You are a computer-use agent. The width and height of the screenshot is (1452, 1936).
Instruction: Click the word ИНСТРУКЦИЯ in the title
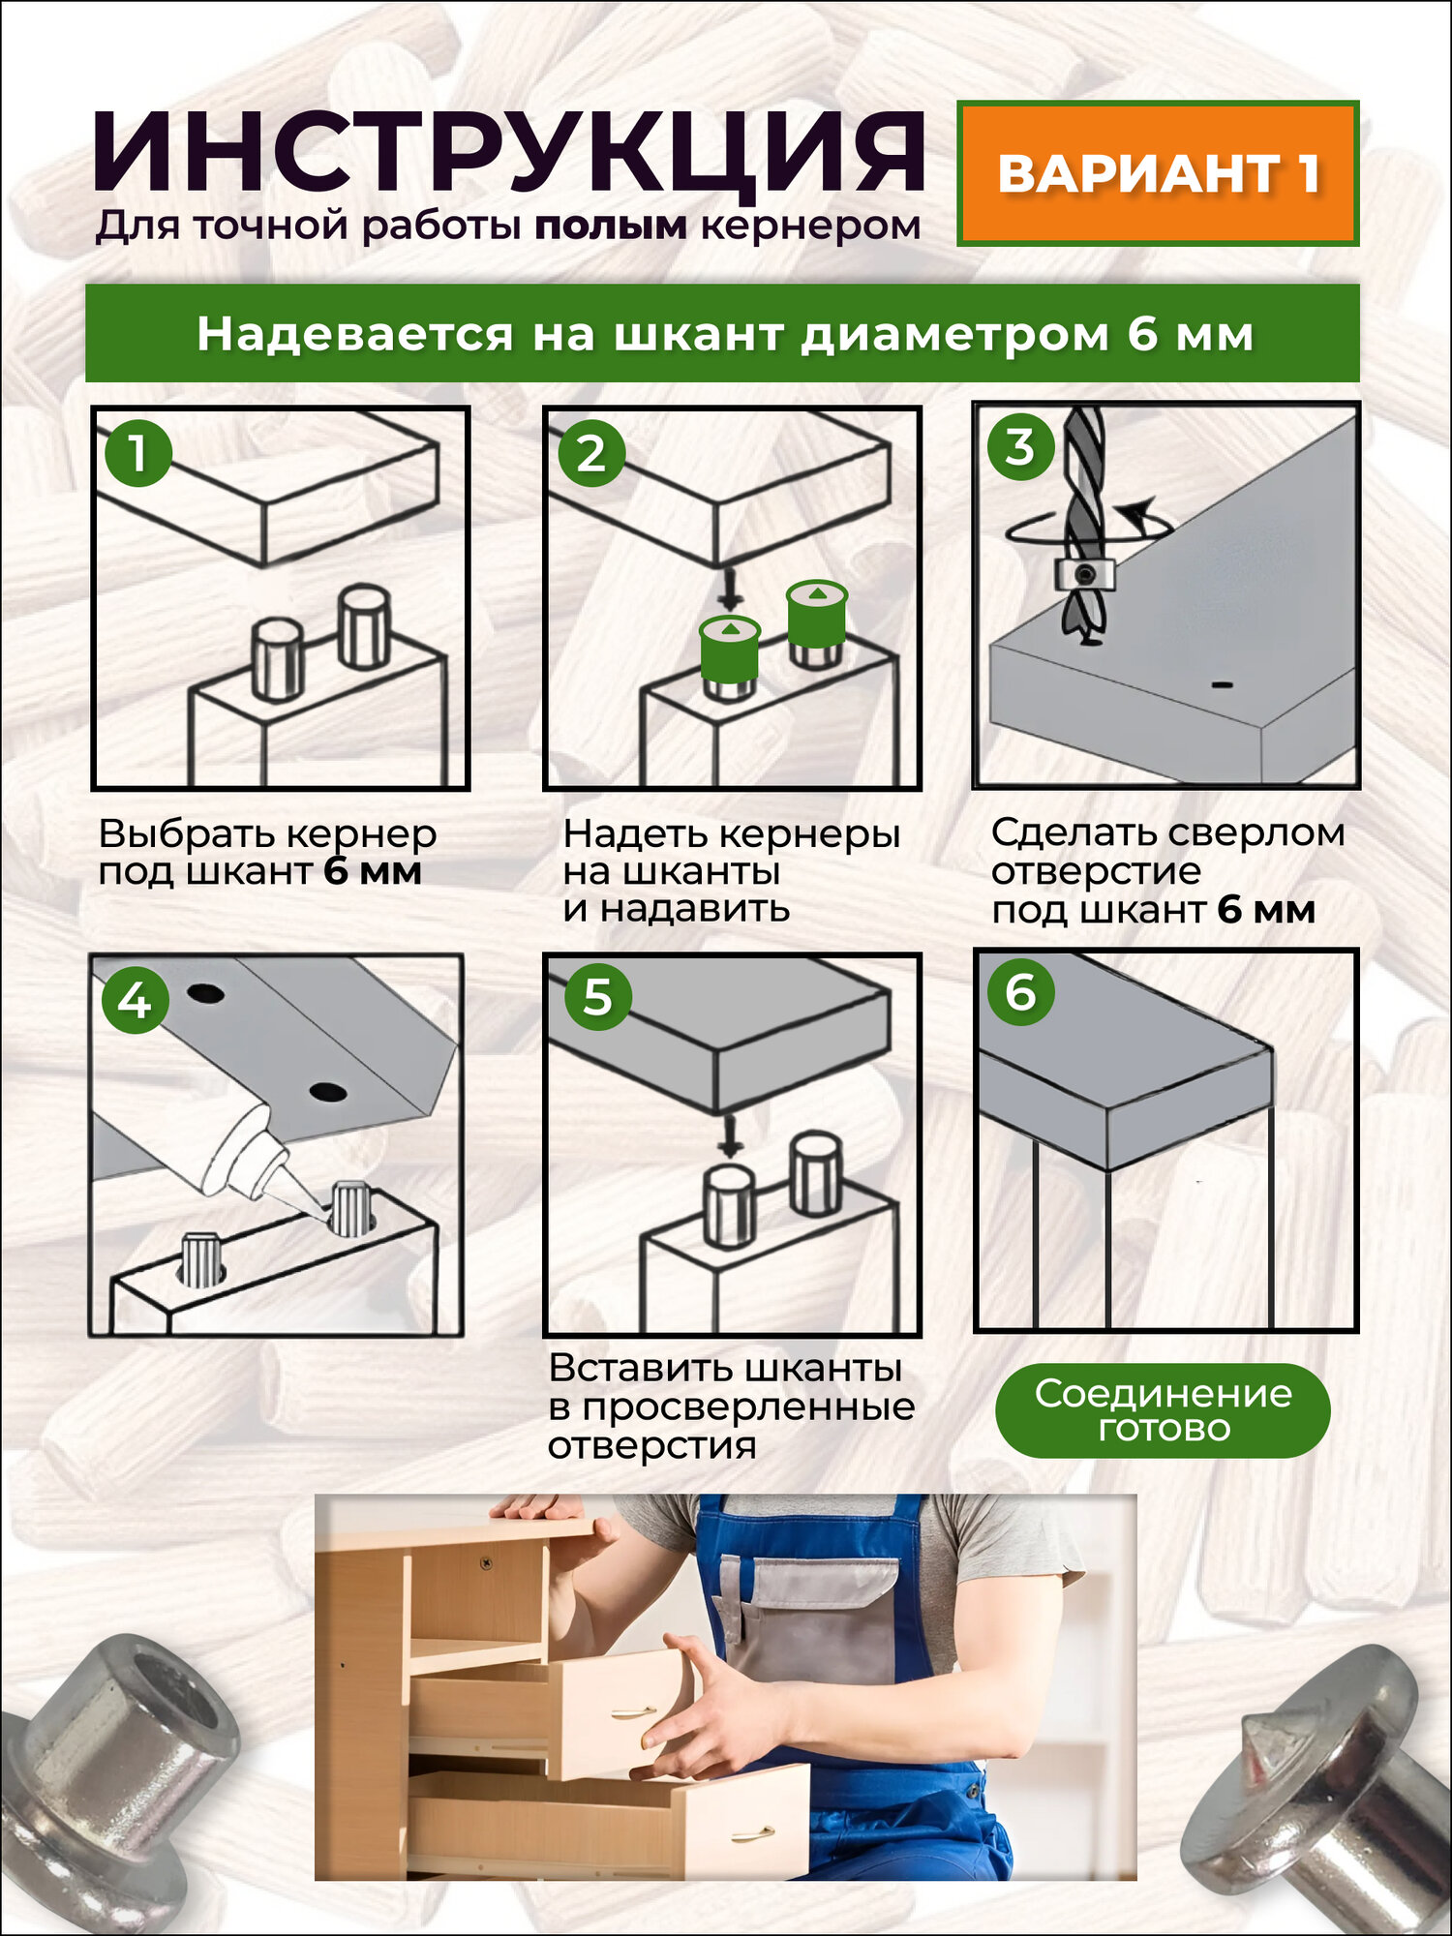[x=509, y=153]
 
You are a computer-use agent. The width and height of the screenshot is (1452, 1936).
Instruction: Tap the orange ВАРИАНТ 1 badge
[x=1159, y=173]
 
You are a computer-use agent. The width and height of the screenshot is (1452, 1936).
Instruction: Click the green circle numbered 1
[x=138, y=453]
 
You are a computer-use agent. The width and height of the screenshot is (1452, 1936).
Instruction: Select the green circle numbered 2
[x=590, y=453]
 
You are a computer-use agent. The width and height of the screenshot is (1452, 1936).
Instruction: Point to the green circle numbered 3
[x=1019, y=447]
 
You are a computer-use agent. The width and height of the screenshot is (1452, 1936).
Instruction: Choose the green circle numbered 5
[x=597, y=996]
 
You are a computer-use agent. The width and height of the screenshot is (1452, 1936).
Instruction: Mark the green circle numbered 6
[x=1020, y=992]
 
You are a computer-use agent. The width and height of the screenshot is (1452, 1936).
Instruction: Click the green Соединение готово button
[x=1163, y=1410]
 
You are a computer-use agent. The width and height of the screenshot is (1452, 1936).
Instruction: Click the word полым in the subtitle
[x=611, y=226]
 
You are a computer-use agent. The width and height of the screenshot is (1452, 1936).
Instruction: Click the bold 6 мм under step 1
[x=373, y=871]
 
